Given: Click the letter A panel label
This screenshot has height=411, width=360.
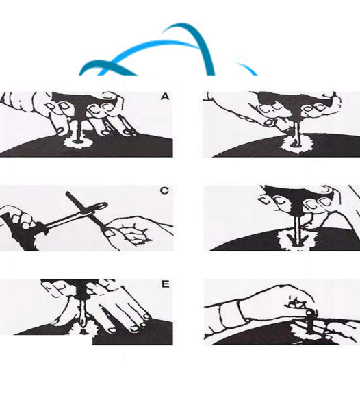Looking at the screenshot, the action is click(x=165, y=97).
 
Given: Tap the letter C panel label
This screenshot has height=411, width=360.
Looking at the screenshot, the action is click(x=164, y=190).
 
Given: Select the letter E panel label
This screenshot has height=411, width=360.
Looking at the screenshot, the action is click(x=165, y=284).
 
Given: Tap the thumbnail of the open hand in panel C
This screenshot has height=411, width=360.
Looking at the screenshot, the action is click(x=110, y=233).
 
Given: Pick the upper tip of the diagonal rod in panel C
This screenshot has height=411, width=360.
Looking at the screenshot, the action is click(x=68, y=193).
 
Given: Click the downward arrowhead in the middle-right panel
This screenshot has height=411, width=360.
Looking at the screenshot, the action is click(x=298, y=240).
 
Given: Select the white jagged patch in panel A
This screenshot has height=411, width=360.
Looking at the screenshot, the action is click(x=78, y=143).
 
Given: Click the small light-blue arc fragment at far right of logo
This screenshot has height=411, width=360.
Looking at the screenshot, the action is click(x=248, y=68).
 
